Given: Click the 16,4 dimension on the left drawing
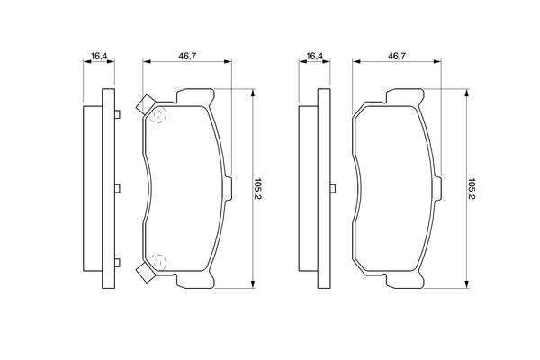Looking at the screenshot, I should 99,57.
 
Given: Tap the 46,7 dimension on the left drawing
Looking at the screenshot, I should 188,57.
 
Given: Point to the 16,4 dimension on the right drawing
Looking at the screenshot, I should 314,57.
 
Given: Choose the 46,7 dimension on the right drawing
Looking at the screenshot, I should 397,57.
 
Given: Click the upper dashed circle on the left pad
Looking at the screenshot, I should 159,115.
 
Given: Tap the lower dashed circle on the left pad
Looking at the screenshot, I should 159,261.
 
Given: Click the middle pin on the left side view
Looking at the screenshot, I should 117,188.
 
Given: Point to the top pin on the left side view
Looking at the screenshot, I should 117,114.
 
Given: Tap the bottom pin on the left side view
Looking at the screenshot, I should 117,263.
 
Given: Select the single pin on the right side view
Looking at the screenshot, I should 333,188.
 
